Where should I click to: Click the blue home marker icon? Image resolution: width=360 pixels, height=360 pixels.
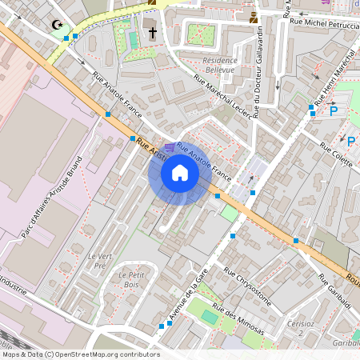(180, 173)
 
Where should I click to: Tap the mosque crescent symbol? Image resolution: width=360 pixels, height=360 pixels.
(56, 25)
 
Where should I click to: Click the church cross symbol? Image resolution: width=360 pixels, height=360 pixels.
(153, 34)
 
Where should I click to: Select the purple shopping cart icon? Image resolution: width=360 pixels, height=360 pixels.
(169, 147)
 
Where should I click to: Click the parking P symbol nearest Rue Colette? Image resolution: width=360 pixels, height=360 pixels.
(350, 142)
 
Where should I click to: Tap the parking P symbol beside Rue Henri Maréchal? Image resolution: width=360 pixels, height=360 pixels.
(334, 110)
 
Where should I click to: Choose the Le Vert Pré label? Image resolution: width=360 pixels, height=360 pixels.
(96, 261)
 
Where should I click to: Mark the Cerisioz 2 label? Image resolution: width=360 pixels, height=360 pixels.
(300, 328)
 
